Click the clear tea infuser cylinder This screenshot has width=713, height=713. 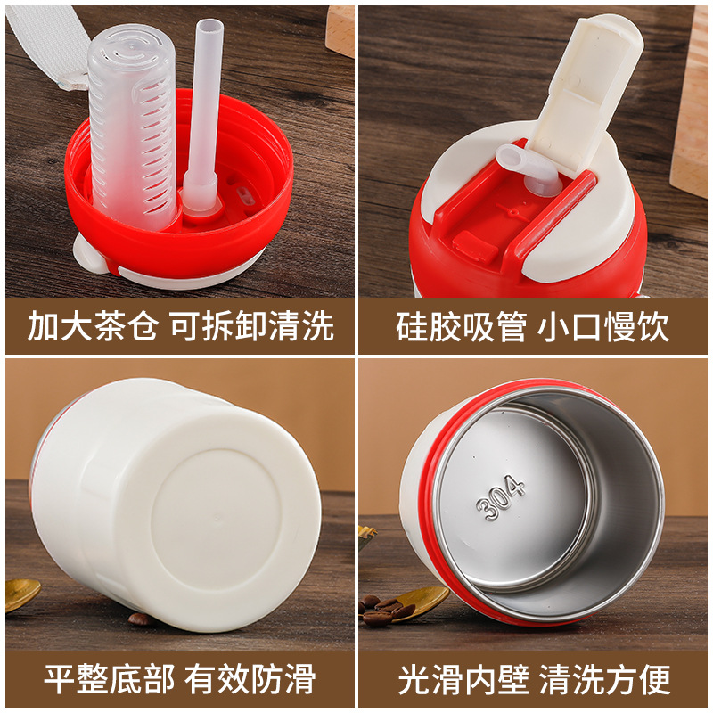point(132,127)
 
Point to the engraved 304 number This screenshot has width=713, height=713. point(501,497)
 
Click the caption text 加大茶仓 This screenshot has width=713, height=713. point(93,325)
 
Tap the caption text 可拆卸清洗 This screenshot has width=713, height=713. point(253,325)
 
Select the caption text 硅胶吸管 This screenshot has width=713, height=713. point(461,326)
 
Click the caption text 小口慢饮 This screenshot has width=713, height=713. point(603,326)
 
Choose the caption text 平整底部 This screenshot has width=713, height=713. point(109,678)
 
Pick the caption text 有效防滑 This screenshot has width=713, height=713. point(250,678)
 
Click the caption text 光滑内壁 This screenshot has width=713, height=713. point(463,679)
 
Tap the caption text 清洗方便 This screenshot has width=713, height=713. point(605,679)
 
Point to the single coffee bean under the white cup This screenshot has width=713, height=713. point(139,619)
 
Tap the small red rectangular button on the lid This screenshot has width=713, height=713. point(475,246)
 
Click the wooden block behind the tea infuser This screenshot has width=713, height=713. point(340,31)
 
